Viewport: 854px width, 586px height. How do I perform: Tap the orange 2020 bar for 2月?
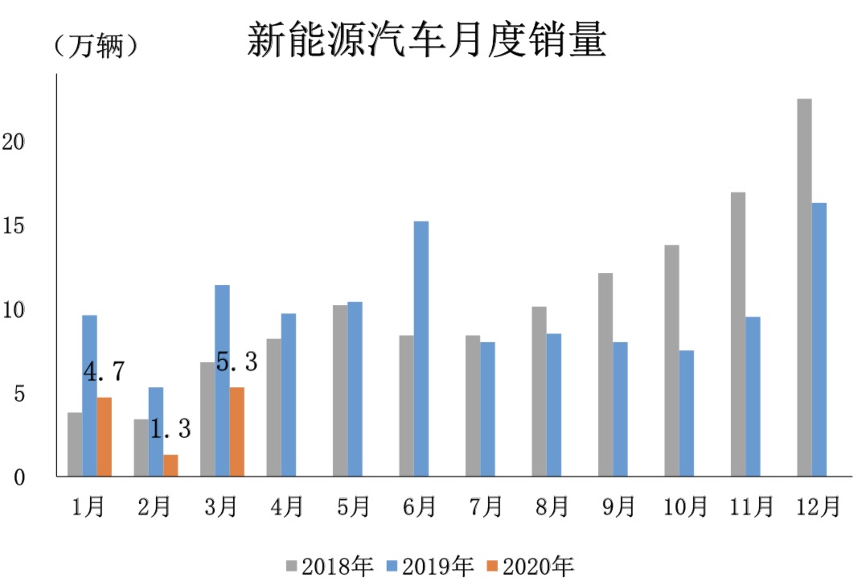click(x=170, y=465)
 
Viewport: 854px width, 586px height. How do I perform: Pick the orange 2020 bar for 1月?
click(x=104, y=436)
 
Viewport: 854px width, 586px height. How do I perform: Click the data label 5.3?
click(x=236, y=362)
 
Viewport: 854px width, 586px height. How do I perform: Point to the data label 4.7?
click(x=104, y=371)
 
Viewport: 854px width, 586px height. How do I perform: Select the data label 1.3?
click(x=170, y=429)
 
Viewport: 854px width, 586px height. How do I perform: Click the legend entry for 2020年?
click(x=530, y=566)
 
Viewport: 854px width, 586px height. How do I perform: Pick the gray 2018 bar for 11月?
click(x=737, y=334)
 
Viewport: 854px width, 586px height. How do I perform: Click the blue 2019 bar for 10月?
click(x=686, y=413)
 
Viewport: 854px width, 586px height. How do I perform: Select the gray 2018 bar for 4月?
click(x=273, y=407)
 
